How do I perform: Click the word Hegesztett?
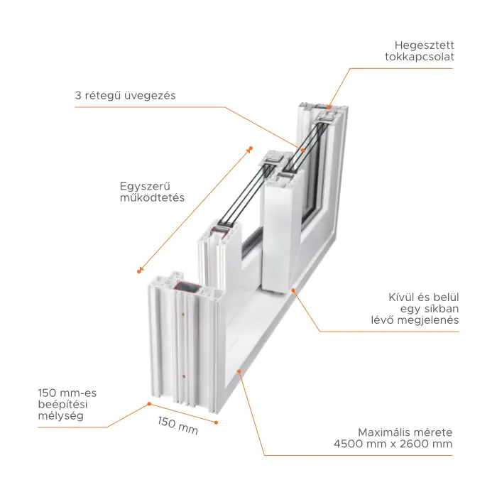424,45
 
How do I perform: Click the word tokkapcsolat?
420,57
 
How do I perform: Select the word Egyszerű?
145,186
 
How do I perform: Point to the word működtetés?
152,197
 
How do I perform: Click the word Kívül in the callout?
401,297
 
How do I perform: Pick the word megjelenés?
428,320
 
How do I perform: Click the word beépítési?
62,405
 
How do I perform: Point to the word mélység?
61,416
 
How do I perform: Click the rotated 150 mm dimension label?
177,426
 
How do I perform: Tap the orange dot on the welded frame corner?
328,107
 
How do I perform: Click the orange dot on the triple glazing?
302,151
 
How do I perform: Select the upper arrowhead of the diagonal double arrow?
250,149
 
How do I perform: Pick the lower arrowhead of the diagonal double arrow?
140,271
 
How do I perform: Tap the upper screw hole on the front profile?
183,315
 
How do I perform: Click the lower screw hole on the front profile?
184,376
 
